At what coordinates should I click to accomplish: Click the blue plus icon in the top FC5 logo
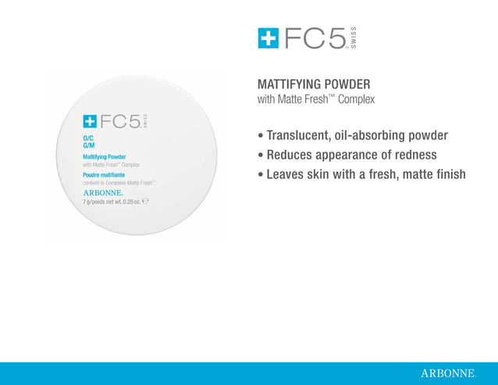(269, 38)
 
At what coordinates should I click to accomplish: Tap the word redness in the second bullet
(414, 155)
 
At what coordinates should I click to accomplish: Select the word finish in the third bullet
(448, 174)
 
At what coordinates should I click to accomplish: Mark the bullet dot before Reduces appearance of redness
(261, 155)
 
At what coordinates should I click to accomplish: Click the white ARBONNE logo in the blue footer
(447, 374)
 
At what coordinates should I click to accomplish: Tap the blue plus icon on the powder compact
(91, 121)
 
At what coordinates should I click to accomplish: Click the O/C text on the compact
(87, 138)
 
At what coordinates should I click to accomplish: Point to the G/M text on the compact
(88, 145)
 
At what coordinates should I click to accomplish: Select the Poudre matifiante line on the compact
(104, 175)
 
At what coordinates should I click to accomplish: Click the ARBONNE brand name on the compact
(102, 192)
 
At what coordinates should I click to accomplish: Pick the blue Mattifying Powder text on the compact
(105, 157)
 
